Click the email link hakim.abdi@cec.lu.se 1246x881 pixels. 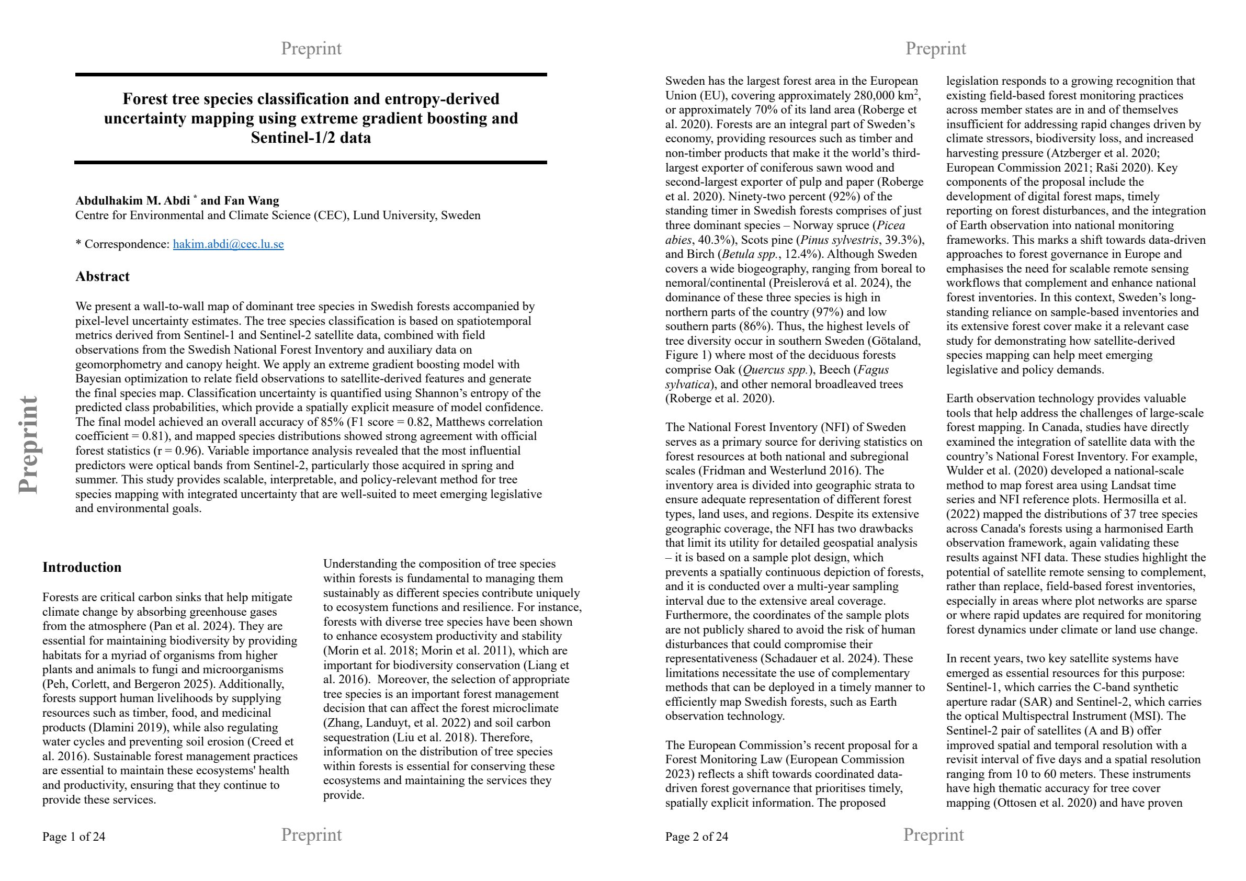click(x=228, y=244)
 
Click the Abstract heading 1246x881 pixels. click(x=102, y=277)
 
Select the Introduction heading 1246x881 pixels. click(x=82, y=568)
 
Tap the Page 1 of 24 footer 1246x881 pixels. click(x=74, y=837)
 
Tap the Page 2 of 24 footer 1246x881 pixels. click(x=696, y=837)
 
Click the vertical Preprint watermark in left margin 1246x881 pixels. click(x=28, y=445)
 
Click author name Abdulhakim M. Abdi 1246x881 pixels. click(x=132, y=201)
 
